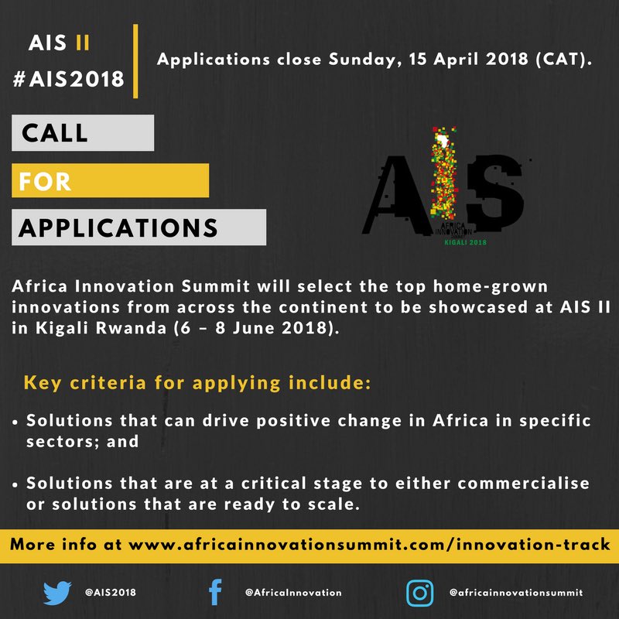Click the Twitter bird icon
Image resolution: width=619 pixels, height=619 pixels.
pos(57,592)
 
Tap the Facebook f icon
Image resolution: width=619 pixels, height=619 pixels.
pos(216,593)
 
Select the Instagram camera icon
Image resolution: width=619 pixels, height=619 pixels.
pos(419,593)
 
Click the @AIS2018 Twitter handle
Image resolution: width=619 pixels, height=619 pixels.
pos(111,593)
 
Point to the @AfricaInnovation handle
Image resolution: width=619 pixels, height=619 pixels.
pos(292,593)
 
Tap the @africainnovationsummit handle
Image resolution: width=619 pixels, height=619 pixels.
pos(516,593)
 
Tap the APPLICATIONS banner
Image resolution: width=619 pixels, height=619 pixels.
pos(139,227)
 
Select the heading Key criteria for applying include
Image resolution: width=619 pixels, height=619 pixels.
pos(198,382)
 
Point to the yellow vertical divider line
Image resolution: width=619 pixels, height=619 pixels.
pos(136,61)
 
